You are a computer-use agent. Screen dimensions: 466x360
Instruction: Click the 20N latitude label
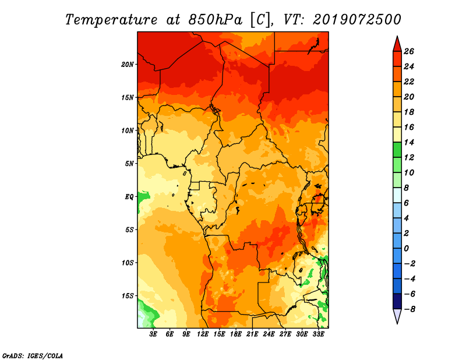coord(128,65)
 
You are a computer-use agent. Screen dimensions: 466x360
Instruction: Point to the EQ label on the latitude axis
coord(129,197)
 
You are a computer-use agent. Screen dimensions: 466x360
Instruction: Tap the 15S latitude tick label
coord(128,296)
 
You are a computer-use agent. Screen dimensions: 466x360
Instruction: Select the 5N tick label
coord(129,164)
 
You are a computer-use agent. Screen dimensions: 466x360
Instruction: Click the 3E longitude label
coord(153,334)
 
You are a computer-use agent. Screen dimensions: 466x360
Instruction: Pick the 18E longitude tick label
coord(236,334)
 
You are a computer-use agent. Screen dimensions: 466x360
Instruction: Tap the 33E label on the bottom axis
coord(318,334)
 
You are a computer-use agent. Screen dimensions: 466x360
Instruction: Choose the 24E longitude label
coord(269,334)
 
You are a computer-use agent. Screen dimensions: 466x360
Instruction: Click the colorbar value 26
coord(409,51)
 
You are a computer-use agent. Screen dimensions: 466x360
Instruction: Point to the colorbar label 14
coord(409,142)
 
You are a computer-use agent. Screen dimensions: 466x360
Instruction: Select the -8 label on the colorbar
coord(409,309)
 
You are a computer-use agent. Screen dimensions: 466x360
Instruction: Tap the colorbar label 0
coord(406,249)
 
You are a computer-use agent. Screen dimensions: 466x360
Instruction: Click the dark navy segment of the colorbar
coord(397,301)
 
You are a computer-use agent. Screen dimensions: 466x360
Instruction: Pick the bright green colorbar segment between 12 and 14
coord(397,150)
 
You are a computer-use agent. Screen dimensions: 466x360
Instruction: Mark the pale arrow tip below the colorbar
coord(397,323)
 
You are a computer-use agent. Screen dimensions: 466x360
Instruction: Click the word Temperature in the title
coord(111,20)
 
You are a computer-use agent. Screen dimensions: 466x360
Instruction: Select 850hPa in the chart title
coord(216,20)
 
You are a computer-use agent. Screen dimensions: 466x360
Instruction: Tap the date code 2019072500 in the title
coord(357,20)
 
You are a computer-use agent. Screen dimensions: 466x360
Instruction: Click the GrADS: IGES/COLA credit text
coord(33,356)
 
